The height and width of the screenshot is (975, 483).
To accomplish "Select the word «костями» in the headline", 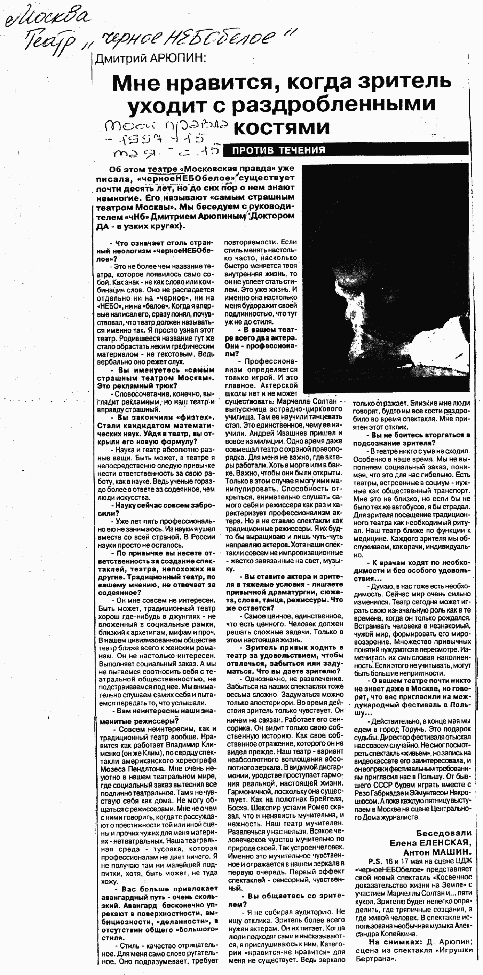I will click(282, 127).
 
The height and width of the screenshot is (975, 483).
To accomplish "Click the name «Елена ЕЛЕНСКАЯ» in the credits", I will click(430, 842).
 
